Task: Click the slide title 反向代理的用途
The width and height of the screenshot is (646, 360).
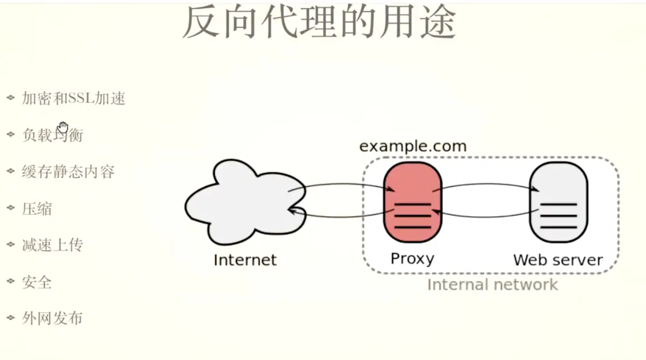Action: coord(319,22)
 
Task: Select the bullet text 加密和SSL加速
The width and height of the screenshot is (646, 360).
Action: coord(73,98)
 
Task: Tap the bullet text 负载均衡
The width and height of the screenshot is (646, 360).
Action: coord(52,135)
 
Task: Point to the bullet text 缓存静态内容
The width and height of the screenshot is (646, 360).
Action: coord(68,171)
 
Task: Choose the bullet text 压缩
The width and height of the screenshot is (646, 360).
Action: coord(37,209)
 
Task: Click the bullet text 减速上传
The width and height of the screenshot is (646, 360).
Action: coord(52,245)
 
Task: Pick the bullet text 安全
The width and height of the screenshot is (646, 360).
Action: coord(37,282)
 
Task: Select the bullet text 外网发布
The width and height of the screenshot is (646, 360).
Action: coord(52,318)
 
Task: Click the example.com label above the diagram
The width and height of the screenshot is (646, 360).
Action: coord(412,146)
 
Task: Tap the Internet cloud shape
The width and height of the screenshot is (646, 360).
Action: coord(245,203)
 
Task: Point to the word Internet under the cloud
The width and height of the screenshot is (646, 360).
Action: coord(245,260)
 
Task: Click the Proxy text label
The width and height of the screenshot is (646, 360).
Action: coord(412,259)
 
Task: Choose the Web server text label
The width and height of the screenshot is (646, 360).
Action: coord(558,260)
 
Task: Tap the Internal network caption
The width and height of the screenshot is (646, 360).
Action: coord(492,285)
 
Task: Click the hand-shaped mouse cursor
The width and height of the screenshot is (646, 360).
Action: coord(63,127)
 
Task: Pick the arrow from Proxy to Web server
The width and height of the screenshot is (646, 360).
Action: coord(485,185)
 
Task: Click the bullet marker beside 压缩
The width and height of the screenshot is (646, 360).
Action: coord(11,208)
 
